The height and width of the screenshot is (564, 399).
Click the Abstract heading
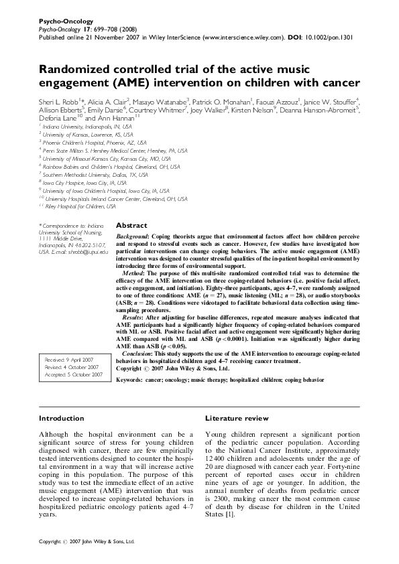[131, 226]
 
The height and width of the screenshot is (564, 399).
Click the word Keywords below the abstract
[131, 378]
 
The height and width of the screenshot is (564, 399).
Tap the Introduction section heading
[62, 418]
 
